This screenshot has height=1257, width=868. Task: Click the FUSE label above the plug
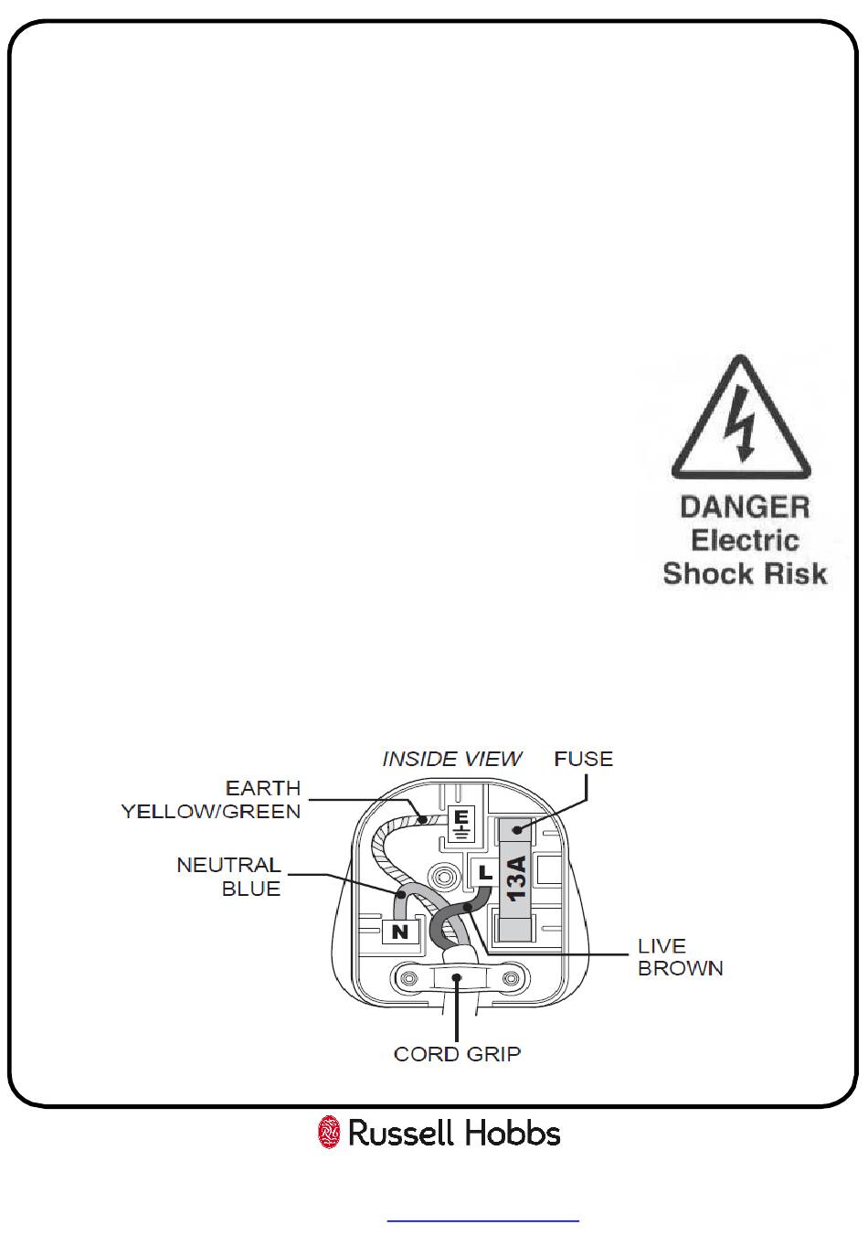pyautogui.click(x=583, y=759)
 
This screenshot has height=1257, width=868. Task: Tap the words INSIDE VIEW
pyautogui.click(x=451, y=759)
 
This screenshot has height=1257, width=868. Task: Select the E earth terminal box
pyautogui.click(x=460, y=823)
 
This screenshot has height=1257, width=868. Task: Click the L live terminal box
pyautogui.click(x=484, y=872)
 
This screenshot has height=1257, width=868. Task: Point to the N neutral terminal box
pyautogui.click(x=399, y=932)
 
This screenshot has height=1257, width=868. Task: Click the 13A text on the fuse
pyautogui.click(x=517, y=878)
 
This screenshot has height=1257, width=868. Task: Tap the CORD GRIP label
pyautogui.click(x=457, y=1054)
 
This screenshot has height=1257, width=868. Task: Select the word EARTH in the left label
pyautogui.click(x=263, y=788)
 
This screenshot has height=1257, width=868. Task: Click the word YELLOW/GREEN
pyautogui.click(x=211, y=811)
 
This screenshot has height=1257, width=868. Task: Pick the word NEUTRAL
pyautogui.click(x=228, y=865)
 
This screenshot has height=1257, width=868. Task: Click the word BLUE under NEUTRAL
pyautogui.click(x=251, y=889)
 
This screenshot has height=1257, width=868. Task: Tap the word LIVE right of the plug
pyautogui.click(x=662, y=945)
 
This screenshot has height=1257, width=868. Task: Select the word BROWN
pyautogui.click(x=681, y=968)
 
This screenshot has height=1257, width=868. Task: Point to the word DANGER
pyautogui.click(x=745, y=507)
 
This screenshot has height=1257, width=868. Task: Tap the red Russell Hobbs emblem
pyautogui.click(x=329, y=1133)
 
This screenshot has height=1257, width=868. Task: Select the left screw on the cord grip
pyautogui.click(x=408, y=979)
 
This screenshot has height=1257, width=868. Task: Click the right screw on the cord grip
pyautogui.click(x=510, y=979)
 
